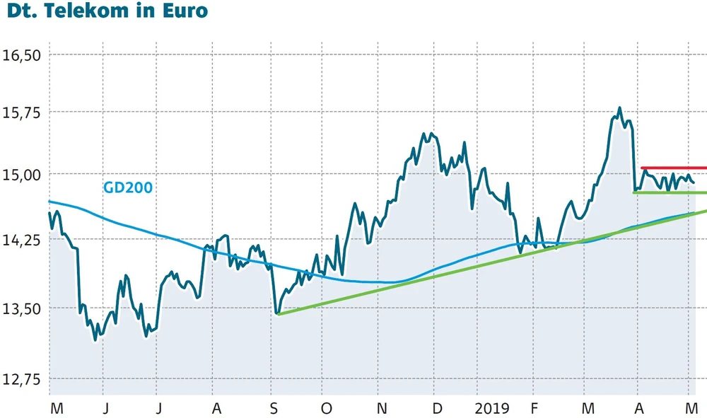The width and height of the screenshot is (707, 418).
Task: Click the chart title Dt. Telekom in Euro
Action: [x=104, y=11]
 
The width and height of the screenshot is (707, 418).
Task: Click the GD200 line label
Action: [x=128, y=187]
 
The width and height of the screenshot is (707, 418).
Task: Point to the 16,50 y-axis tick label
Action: [x=23, y=55]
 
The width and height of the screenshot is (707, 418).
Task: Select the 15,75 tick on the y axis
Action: [x=23, y=112]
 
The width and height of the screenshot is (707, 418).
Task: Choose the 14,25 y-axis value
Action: [x=23, y=240]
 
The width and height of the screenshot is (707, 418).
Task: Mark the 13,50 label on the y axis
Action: [x=23, y=308]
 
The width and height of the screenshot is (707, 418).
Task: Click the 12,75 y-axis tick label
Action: [x=23, y=379]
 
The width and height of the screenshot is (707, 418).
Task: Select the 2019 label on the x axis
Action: [x=491, y=408]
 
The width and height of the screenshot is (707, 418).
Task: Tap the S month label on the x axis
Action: [x=273, y=408]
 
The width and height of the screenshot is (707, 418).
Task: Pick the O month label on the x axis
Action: [x=326, y=408]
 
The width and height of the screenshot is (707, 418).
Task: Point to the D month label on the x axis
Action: [x=438, y=408]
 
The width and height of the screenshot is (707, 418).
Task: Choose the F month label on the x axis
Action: [x=534, y=408]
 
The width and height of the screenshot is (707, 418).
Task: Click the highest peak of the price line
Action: [x=619, y=108]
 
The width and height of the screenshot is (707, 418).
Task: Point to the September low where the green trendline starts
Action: [x=278, y=313]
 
